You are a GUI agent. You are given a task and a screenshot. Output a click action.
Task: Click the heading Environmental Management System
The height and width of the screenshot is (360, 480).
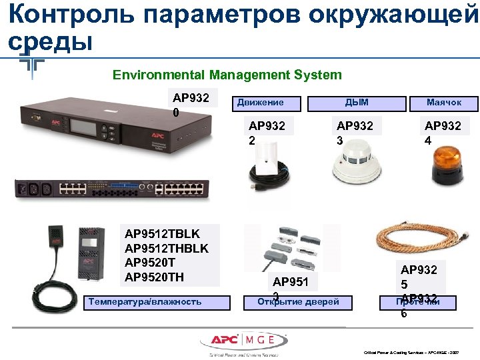227,75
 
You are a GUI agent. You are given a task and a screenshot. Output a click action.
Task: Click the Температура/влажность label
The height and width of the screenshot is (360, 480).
144,302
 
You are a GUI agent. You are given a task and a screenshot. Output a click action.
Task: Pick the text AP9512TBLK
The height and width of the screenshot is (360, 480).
162,235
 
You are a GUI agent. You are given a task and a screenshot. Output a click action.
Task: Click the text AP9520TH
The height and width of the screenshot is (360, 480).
155,277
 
